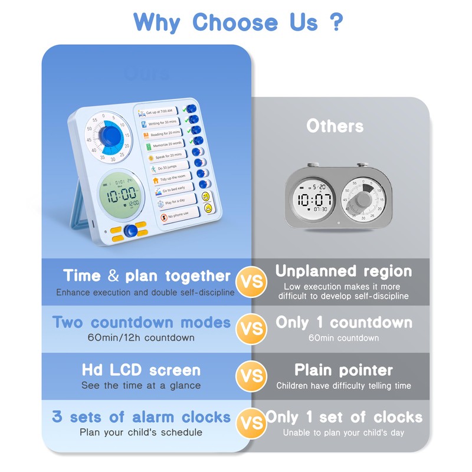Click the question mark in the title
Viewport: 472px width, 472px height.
point(336,22)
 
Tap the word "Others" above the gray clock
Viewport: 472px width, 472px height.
point(335,126)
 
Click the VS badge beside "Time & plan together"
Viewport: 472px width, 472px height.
point(251,280)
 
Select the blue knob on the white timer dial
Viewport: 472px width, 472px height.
point(110,136)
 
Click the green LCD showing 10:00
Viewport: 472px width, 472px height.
point(120,193)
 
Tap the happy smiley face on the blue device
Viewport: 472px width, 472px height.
point(206,196)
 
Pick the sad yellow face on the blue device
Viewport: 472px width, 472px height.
point(208,208)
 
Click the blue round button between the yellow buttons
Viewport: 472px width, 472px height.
point(130,231)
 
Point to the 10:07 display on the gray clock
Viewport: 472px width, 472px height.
point(313,199)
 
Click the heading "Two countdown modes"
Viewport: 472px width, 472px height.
point(142,323)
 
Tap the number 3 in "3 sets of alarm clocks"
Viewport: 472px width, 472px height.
point(57,417)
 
